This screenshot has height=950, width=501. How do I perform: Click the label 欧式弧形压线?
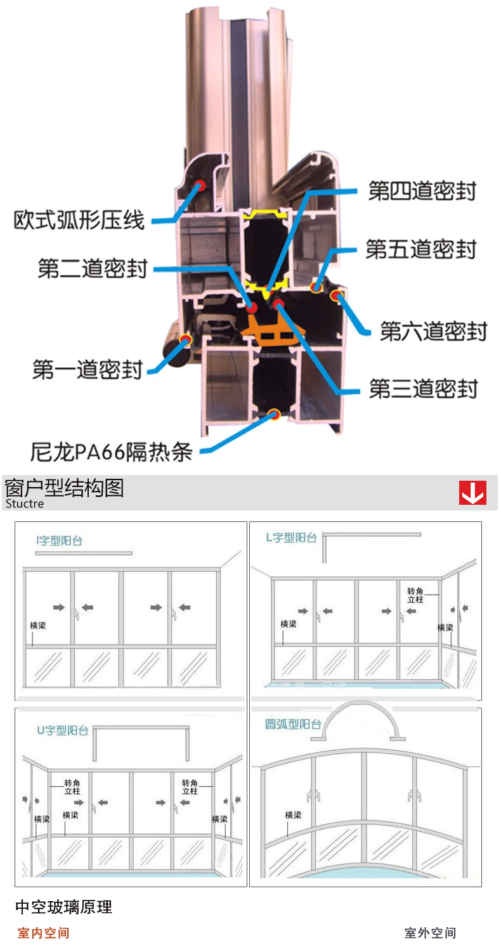(x=79, y=220)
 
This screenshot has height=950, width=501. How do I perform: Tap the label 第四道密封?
(x=422, y=191)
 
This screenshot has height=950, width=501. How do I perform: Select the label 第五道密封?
(x=420, y=249)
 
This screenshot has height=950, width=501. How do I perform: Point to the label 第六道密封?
(x=433, y=330)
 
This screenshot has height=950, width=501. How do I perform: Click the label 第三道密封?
(x=423, y=388)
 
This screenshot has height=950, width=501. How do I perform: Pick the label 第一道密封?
(x=87, y=369)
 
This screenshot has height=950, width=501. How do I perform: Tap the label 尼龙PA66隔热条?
(x=111, y=452)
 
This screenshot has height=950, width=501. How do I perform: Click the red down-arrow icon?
(x=472, y=493)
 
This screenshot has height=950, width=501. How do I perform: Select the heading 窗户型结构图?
(x=63, y=488)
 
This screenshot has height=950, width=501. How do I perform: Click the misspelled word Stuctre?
(x=25, y=504)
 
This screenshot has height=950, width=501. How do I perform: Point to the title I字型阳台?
(x=59, y=541)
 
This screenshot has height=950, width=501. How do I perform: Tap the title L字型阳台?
(x=291, y=538)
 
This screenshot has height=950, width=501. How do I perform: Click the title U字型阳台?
(x=62, y=730)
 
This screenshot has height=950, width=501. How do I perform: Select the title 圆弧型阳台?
(x=293, y=724)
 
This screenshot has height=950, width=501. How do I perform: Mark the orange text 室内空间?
(x=43, y=933)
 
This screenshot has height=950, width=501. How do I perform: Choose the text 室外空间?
(x=430, y=933)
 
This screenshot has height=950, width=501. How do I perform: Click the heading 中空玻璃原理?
(x=63, y=908)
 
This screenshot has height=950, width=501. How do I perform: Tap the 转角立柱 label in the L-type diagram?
(x=415, y=594)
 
